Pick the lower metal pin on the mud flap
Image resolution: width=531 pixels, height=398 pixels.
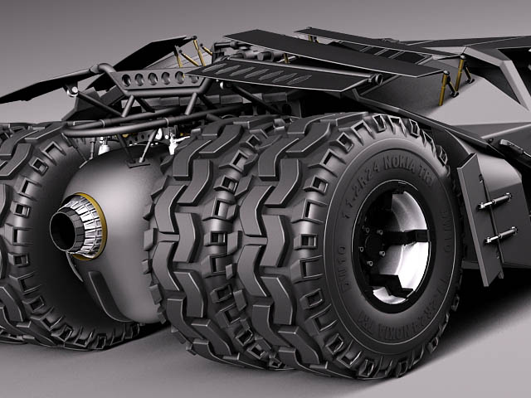click(499, 236)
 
